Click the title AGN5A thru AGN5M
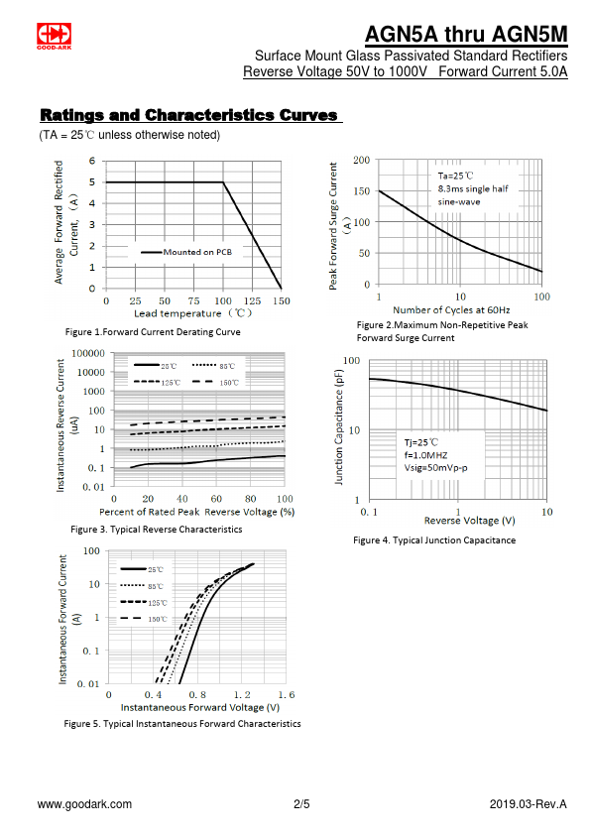pyautogui.click(x=466, y=34)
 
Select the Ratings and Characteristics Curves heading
pyautogui.click(x=189, y=115)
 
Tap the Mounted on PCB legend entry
pyautogui.click(x=186, y=252)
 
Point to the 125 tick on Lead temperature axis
pyautogui.click(x=252, y=300)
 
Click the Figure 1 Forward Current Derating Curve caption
pyautogui.click(x=153, y=332)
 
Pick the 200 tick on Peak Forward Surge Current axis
pyautogui.click(x=362, y=160)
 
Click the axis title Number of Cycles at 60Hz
pyautogui.click(x=451, y=310)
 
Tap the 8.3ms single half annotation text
pyautogui.click(x=473, y=188)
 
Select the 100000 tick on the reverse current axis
pyautogui.click(x=88, y=353)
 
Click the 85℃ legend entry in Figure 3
pyautogui.click(x=213, y=366)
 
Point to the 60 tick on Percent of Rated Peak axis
pyautogui.click(x=216, y=499)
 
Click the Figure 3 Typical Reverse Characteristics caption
pyautogui.click(x=157, y=530)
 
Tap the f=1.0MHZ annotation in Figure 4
pyautogui.click(x=425, y=455)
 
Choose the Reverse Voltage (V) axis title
pyautogui.click(x=470, y=521)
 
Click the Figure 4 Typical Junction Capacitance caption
pyautogui.click(x=434, y=540)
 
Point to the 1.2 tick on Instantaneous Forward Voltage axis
pyautogui.click(x=242, y=695)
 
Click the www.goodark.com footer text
pyautogui.click(x=84, y=804)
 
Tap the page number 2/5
pyautogui.click(x=301, y=804)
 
